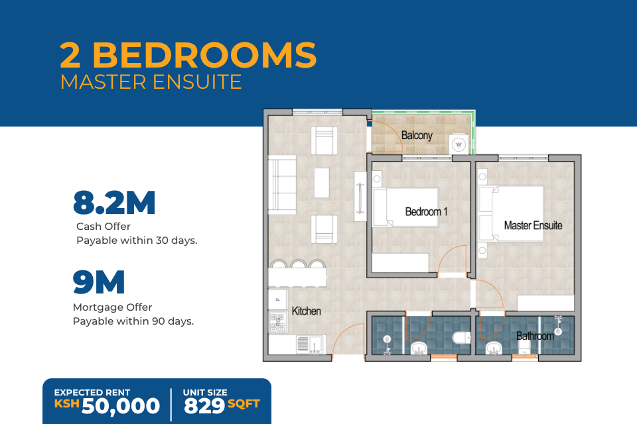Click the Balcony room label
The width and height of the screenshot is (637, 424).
click(x=417, y=135)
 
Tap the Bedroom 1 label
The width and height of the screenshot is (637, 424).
click(x=426, y=211)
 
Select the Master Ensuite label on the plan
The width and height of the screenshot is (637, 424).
click(x=533, y=225)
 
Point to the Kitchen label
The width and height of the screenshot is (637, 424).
click(x=307, y=311)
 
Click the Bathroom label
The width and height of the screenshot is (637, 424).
click(x=535, y=336)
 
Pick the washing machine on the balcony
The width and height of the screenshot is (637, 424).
click(x=459, y=144)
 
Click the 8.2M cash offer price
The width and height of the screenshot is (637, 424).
click(x=114, y=203)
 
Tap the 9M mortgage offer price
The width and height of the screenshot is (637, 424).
click(x=99, y=282)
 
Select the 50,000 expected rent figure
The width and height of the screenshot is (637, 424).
click(x=121, y=406)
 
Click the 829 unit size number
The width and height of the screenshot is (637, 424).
click(x=204, y=405)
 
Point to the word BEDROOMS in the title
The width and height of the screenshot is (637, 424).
click(x=205, y=55)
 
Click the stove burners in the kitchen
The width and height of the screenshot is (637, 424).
click(x=278, y=322)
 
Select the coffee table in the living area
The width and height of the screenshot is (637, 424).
click(x=322, y=183)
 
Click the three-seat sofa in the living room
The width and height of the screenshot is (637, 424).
click(x=282, y=185)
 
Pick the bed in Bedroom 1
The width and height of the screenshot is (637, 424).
click(x=406, y=207)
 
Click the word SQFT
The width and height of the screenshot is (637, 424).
click(x=244, y=403)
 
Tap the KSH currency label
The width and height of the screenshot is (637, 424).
click(x=66, y=403)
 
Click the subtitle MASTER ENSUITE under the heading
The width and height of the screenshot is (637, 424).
click(x=151, y=82)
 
